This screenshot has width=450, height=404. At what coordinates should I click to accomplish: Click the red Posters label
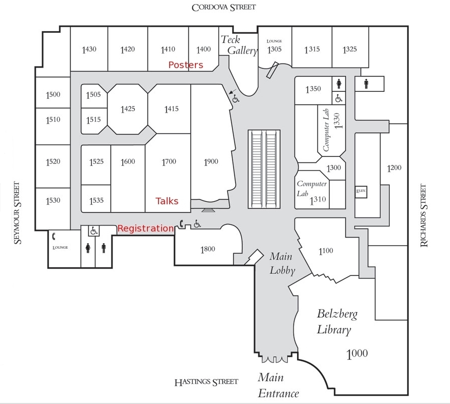tap(185, 65)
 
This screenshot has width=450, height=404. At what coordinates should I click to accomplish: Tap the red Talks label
tap(167, 201)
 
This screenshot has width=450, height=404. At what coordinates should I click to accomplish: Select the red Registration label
tap(145, 228)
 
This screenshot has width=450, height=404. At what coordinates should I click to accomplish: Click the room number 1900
tap(211, 162)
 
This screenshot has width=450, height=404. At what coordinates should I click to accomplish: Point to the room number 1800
tap(208, 249)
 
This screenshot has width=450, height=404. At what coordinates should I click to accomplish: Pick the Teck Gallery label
tap(238, 45)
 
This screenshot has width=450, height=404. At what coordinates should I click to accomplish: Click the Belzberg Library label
tap(337, 322)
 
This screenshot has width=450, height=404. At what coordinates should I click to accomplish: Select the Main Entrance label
tap(278, 385)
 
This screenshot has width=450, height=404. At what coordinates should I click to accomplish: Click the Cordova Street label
tap(224, 7)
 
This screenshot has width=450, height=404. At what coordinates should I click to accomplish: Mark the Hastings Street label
tap(206, 382)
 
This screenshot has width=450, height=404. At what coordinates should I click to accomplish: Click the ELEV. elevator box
tap(361, 191)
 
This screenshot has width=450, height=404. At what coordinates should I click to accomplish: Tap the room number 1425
tap(128, 109)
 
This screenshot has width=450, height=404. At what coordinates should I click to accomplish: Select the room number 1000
tap(357, 354)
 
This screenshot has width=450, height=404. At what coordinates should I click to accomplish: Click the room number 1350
tap(313, 89)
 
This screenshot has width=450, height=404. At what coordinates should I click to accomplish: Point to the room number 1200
tap(393, 168)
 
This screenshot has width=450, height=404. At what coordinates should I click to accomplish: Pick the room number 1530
tap(53, 201)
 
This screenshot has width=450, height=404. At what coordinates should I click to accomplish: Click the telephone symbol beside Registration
tap(181, 224)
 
